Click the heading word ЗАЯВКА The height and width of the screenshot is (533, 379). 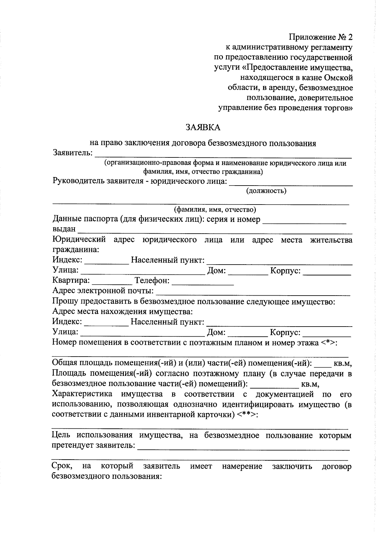[202, 127]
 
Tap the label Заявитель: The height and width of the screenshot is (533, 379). [73, 153]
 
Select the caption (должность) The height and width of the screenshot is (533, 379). [266, 191]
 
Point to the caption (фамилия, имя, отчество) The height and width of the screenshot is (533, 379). [215, 210]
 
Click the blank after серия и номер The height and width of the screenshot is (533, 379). [304, 220]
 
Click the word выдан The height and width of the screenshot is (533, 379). [64, 229]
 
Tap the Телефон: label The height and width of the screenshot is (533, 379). [152, 281]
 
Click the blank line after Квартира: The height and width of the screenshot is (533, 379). [112, 281]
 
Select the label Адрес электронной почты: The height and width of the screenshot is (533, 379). [103, 291]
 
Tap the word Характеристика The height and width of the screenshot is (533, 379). [82, 394]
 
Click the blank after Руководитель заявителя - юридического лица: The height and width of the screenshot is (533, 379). [291, 182]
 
